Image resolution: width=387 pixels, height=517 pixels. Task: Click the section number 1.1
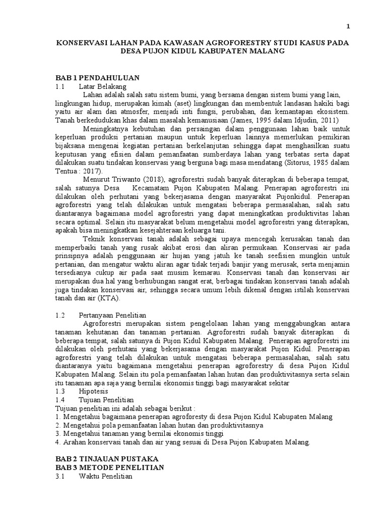(60, 87)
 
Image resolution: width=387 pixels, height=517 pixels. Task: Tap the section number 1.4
(60, 399)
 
